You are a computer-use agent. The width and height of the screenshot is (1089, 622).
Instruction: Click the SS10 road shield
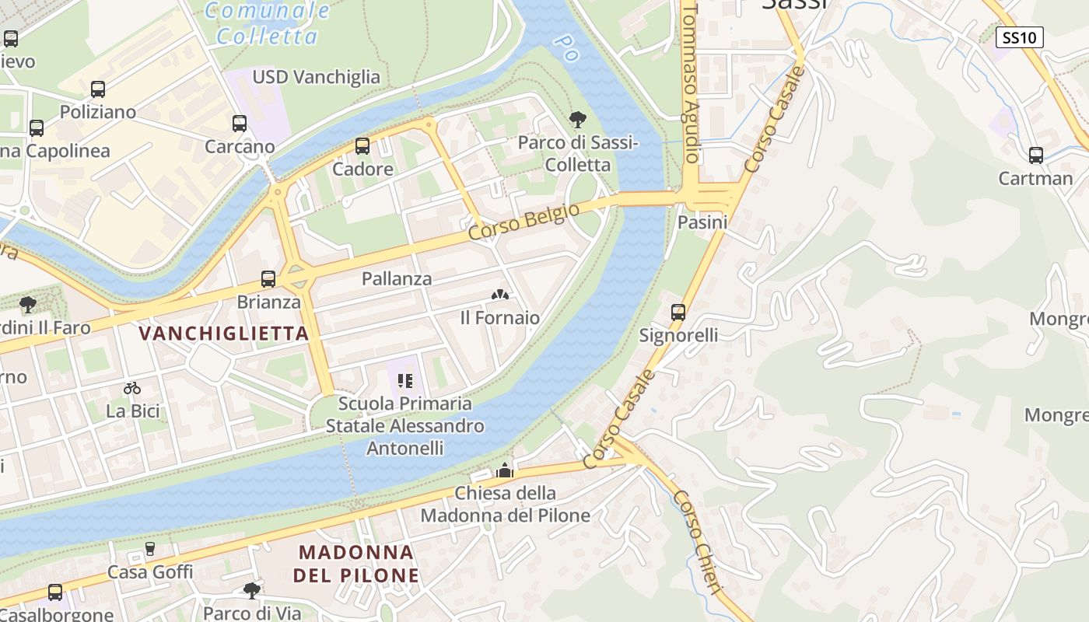(x=1019, y=37)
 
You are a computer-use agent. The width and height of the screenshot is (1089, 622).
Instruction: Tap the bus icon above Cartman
(x=1035, y=155)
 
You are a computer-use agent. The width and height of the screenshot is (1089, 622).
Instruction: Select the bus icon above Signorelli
(x=678, y=313)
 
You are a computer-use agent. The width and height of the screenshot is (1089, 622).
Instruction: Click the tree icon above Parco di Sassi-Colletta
(x=577, y=120)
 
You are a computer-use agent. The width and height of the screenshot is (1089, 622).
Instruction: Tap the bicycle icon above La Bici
(x=132, y=388)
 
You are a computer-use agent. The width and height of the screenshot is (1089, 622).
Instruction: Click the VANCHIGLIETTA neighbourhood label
(x=224, y=334)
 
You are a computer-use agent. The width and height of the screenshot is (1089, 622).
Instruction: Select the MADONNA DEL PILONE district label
(x=356, y=564)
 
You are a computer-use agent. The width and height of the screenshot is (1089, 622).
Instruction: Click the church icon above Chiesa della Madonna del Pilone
(x=505, y=470)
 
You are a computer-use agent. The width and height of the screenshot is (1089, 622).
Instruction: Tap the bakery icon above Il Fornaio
(x=500, y=295)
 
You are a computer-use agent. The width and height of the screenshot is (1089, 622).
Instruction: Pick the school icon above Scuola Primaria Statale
(x=404, y=381)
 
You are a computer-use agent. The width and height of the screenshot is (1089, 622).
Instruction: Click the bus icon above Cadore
(x=362, y=146)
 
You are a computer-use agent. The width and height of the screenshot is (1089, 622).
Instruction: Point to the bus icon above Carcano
(x=239, y=124)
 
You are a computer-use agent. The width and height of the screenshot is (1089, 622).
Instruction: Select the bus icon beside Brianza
(x=268, y=279)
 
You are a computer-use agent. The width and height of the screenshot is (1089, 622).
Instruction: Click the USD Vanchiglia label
(x=316, y=77)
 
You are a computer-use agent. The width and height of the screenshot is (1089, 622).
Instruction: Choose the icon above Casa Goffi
(x=150, y=549)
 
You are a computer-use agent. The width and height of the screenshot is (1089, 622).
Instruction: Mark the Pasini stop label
(x=702, y=222)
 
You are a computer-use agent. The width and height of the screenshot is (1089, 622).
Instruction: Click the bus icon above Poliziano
(x=97, y=89)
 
